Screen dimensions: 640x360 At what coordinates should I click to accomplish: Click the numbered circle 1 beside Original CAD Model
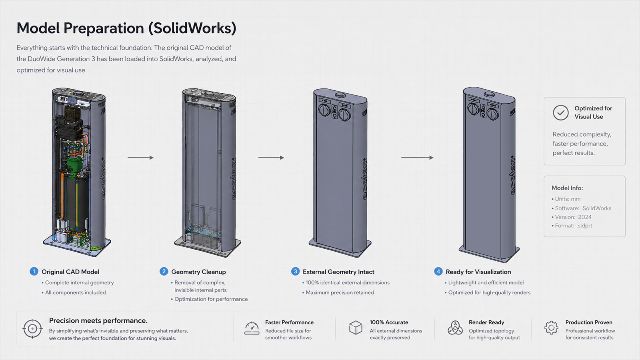click(x=34, y=272)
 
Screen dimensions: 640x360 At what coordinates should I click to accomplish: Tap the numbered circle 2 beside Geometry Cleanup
click(x=164, y=272)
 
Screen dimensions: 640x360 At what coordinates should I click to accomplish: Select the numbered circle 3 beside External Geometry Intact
click(x=295, y=272)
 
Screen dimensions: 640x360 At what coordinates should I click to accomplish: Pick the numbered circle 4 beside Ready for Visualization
click(x=438, y=272)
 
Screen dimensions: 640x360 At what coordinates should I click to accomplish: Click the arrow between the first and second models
click(x=140, y=158)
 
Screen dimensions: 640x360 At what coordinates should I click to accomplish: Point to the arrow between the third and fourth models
click(x=417, y=158)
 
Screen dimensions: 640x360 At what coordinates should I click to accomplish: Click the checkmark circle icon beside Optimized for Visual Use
click(x=560, y=112)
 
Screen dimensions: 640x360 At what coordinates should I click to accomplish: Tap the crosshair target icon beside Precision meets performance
click(x=32, y=328)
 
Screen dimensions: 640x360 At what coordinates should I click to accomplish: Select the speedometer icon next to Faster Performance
click(x=252, y=328)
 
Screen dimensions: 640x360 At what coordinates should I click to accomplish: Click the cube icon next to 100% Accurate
click(x=356, y=328)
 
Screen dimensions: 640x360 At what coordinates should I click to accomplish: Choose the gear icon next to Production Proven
click(x=551, y=328)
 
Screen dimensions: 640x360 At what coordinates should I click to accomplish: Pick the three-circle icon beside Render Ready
click(x=455, y=328)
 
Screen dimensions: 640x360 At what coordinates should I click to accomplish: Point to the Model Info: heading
click(x=567, y=188)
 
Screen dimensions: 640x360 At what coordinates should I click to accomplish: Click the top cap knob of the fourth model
click(x=489, y=94)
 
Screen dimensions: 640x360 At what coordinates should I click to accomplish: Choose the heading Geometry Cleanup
click(x=198, y=272)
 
